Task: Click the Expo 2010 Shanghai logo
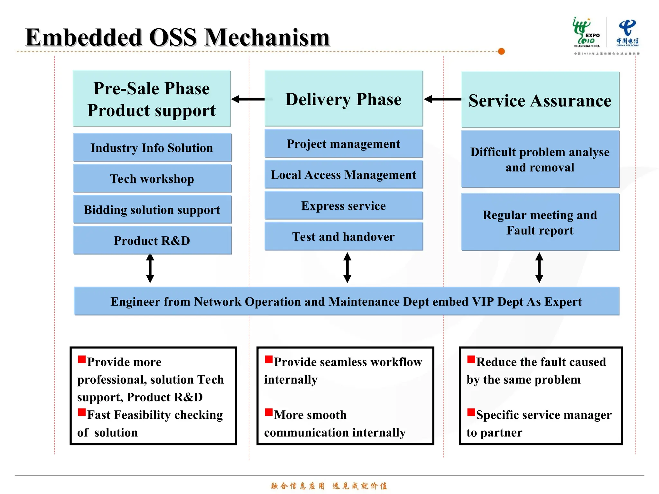586,32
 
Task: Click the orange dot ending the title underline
501,51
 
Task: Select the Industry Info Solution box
152,148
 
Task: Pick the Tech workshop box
152,178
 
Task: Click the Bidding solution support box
152,209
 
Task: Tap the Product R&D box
152,240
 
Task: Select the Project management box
343,143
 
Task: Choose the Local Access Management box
343,174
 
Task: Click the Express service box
343,206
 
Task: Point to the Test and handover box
343,236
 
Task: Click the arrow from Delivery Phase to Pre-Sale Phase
248,99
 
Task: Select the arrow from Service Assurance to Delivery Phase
442,99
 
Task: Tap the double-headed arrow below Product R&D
150,268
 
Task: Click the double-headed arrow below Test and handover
347,268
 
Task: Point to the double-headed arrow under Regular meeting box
539,268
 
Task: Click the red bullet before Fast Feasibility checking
82,412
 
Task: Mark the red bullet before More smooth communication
269,412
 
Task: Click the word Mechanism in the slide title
267,37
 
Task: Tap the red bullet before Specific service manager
471,412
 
